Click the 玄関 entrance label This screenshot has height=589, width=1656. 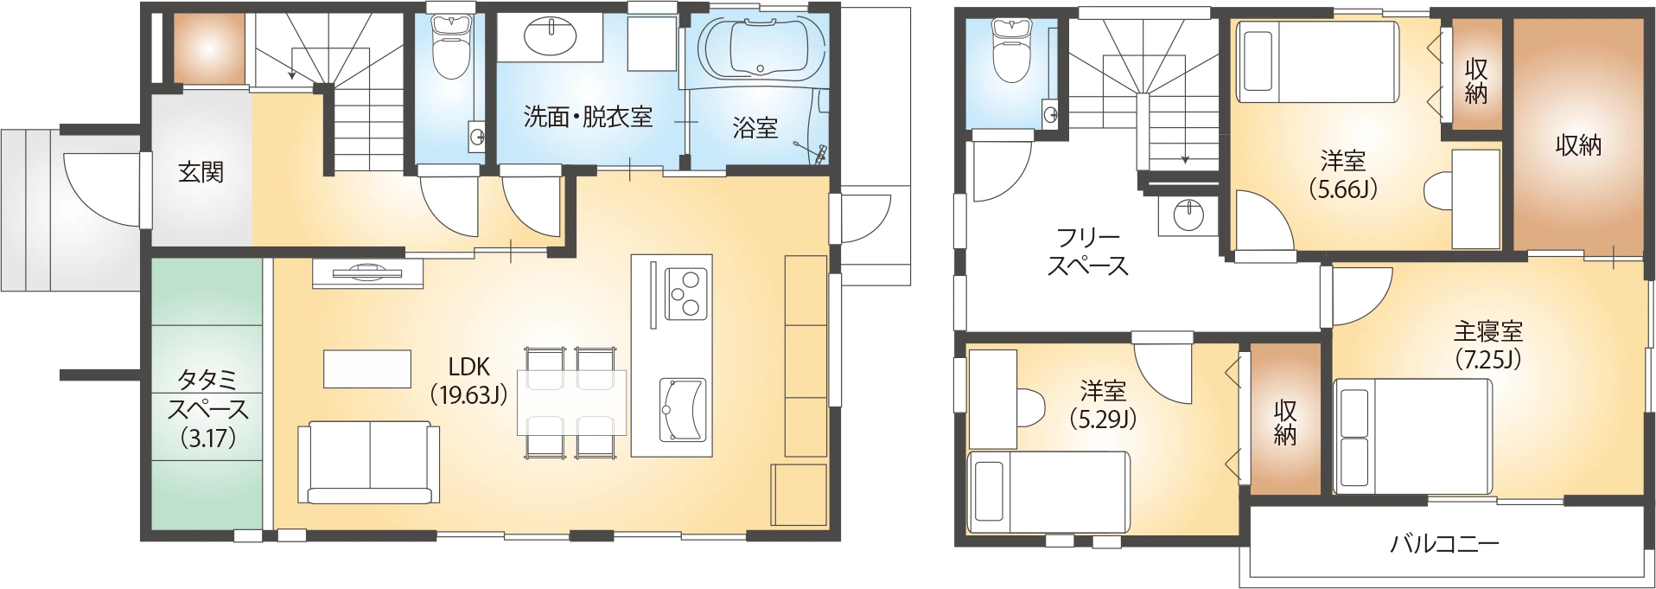point(201,172)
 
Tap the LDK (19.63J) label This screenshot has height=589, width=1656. point(468,381)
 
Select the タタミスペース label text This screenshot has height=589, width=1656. point(208,407)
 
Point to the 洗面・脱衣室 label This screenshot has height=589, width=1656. point(588,117)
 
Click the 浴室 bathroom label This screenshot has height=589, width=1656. point(755,128)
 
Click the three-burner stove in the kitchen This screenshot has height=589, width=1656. point(685,294)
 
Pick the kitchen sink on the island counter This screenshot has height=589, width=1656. point(683,410)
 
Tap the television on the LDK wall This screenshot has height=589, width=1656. point(367,272)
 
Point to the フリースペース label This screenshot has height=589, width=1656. point(1088,251)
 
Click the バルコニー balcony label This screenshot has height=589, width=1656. point(1444,543)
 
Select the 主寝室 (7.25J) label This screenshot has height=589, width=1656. point(1487,344)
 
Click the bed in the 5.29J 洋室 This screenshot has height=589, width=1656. point(1048,491)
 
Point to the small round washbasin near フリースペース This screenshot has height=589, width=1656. point(1189,214)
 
